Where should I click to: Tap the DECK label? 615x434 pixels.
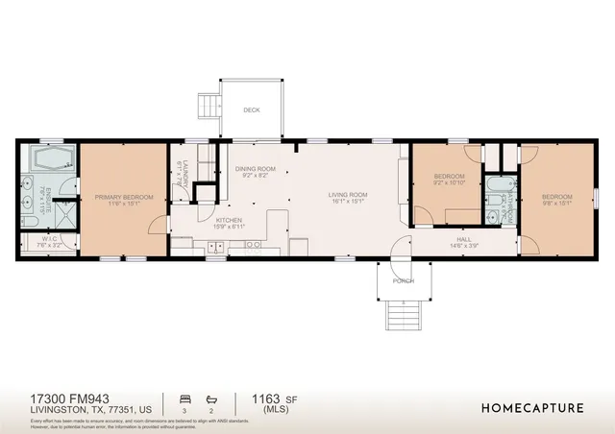(251, 109)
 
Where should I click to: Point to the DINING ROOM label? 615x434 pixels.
(255, 169)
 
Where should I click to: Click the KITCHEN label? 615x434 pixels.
(228, 220)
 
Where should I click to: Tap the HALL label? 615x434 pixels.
(463, 239)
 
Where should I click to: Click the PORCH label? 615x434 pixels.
(403, 281)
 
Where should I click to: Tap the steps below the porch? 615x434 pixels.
(402, 314)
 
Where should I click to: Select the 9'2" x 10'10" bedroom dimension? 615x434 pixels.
(449, 182)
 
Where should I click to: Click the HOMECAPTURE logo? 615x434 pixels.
(531, 407)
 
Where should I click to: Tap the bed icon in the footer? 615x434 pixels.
(184, 397)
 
